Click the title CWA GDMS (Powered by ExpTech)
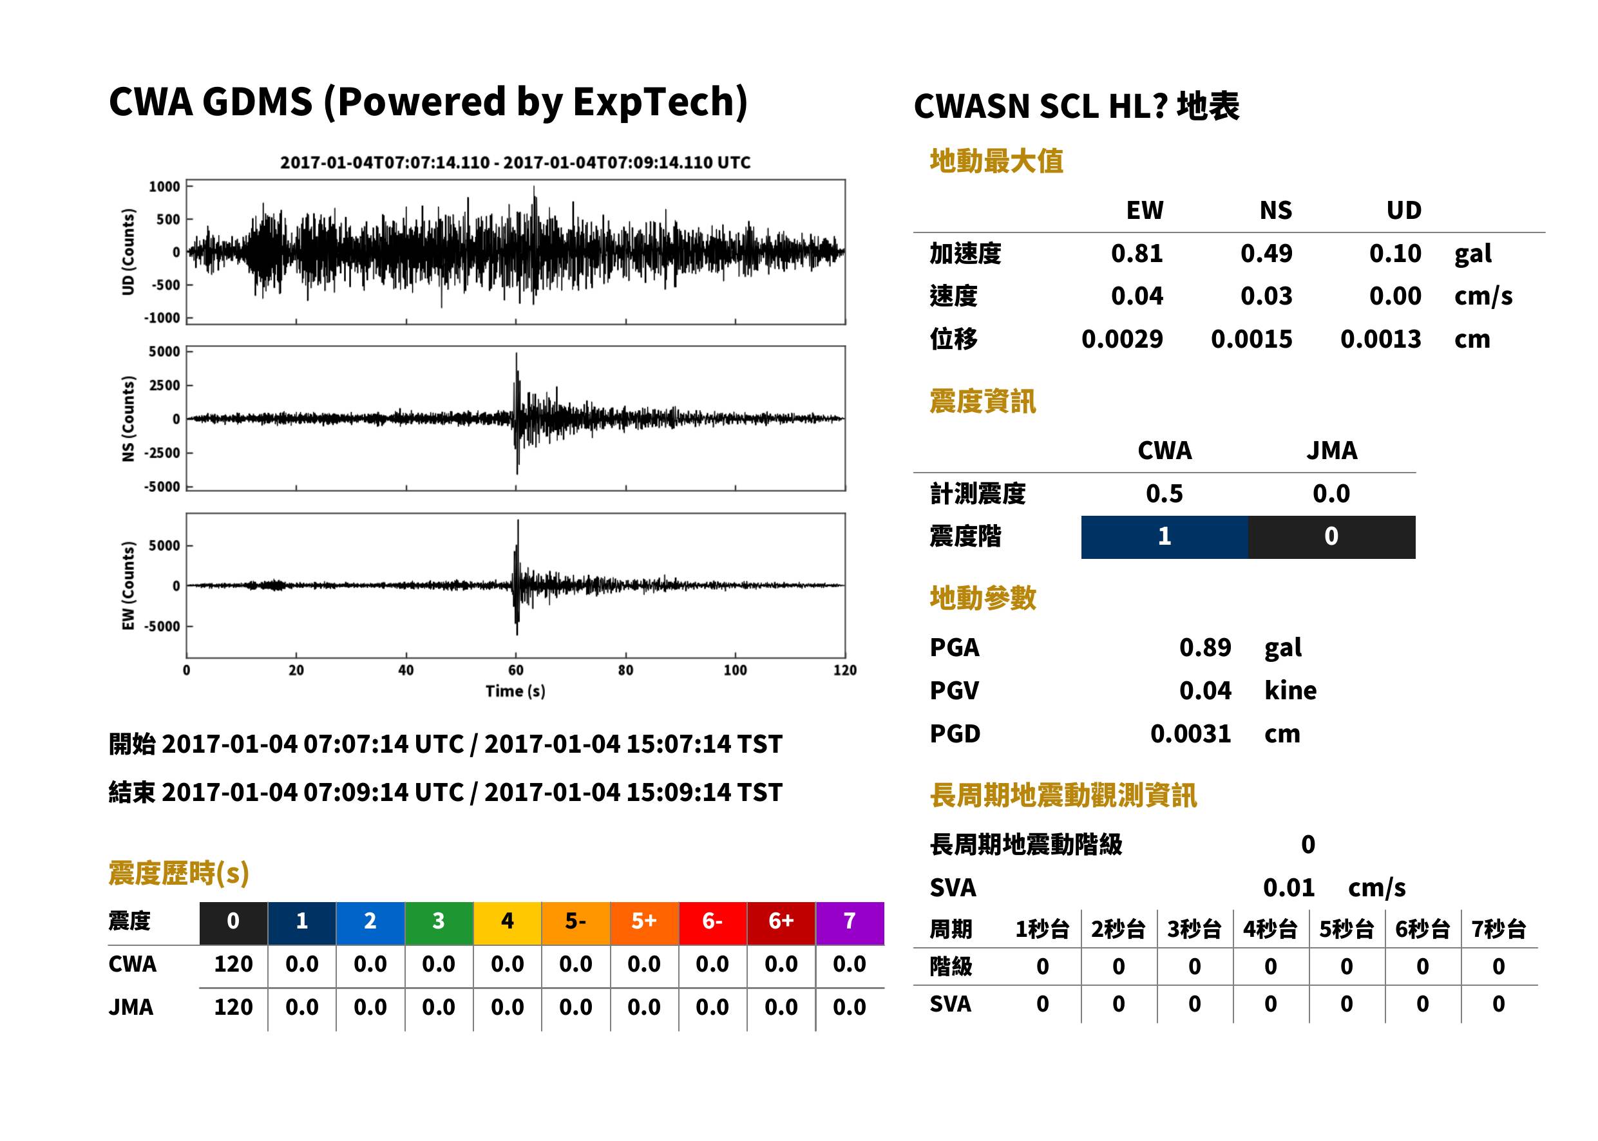coord(428,102)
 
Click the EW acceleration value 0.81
coord(1136,253)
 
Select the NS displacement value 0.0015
coord(1251,339)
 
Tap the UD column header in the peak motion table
coord(1403,210)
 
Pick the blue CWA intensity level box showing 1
coord(1165,537)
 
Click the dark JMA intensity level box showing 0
coord(1332,537)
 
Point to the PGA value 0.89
coord(1204,647)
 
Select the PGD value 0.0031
coord(1190,733)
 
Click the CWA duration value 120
coord(233,964)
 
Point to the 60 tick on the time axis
coord(516,670)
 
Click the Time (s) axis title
coord(515,692)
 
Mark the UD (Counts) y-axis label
coord(128,252)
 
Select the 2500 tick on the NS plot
coord(164,385)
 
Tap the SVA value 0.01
coord(1288,888)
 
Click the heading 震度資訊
coord(982,402)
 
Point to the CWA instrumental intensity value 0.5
coord(1165,494)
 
